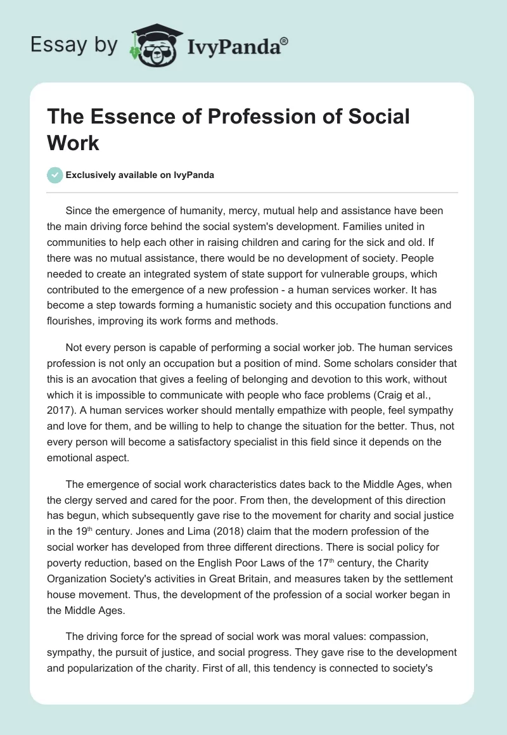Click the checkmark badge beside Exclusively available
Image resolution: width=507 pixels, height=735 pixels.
55,175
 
